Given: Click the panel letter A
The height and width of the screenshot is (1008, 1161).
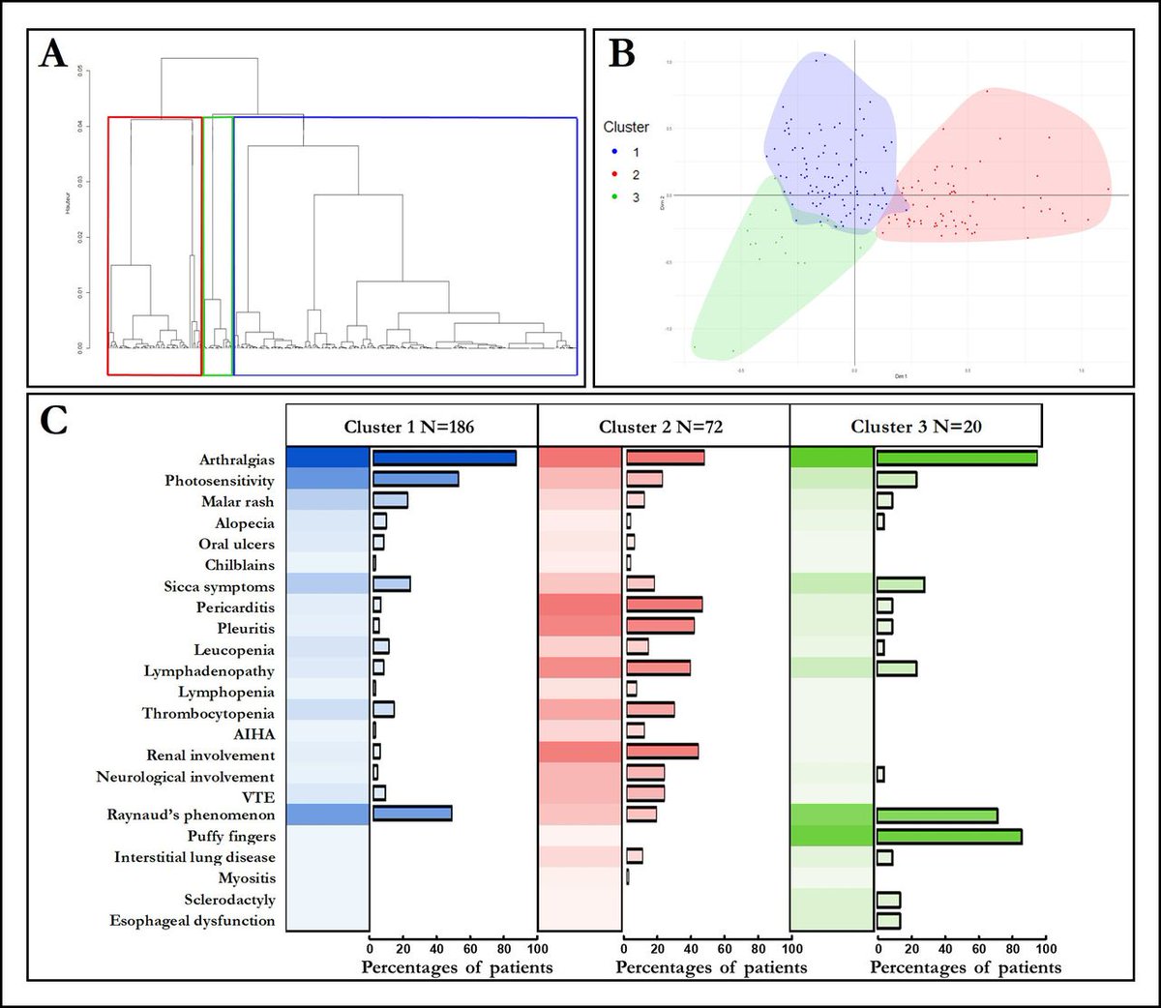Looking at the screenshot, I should (53, 54).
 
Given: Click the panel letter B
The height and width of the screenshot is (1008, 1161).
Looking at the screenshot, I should (621, 54).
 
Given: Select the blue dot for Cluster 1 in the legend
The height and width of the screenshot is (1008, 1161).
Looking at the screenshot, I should (614, 153).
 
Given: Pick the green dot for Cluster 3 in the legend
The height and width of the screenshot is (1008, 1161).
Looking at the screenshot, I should (614, 197).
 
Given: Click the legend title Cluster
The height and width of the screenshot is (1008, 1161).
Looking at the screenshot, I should (626, 127).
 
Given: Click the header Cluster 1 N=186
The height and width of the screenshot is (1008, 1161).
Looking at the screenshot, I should (409, 427).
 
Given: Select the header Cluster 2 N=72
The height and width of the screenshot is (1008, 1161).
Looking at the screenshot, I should (661, 427).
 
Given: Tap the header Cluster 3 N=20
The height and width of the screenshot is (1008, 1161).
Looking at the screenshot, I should (916, 427).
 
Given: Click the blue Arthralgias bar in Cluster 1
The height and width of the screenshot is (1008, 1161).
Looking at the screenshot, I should (444, 459).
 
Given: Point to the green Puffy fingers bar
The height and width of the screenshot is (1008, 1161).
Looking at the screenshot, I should (948, 837).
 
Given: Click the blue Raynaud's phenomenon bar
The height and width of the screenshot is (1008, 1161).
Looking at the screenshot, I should (412, 814).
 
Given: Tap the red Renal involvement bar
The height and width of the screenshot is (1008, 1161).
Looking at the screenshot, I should (662, 752).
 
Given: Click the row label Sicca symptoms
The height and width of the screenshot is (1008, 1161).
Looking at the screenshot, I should (219, 586).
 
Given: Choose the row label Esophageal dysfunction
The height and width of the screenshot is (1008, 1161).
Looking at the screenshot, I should (193, 921).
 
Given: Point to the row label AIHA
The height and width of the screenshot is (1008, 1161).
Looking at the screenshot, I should (253, 734).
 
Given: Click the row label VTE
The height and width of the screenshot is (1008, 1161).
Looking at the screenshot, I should (258, 797).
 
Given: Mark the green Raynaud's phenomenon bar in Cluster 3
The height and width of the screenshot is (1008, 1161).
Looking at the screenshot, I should (937, 815).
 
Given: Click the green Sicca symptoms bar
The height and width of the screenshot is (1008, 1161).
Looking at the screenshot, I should (900, 584).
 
